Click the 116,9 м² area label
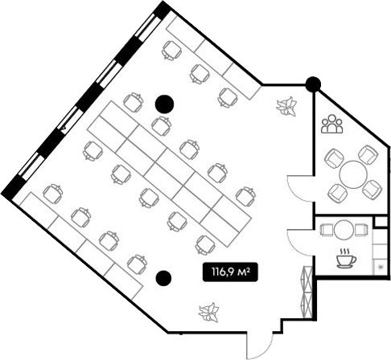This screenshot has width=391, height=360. point(230,272)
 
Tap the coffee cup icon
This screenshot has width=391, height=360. point(346,259)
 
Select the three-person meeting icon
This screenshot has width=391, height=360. point(332,124)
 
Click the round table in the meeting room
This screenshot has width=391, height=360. point(353,174)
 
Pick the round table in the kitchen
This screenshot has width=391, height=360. point(344,230)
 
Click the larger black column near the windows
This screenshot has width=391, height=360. point(164,104)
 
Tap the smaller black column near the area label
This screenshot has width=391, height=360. point(163,278)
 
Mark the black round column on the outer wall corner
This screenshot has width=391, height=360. point(313,84)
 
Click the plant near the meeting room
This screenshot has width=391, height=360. point(286,106)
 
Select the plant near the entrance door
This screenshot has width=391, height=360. point(209,312)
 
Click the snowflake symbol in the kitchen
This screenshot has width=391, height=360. point(381,267)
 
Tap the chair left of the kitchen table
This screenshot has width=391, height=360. point(327,230)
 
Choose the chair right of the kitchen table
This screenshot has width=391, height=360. point(361,230)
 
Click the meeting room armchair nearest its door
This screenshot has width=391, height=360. point(338,193)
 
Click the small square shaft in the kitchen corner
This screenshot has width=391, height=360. point(381,222)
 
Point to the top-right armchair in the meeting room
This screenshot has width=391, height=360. point(368,155)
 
